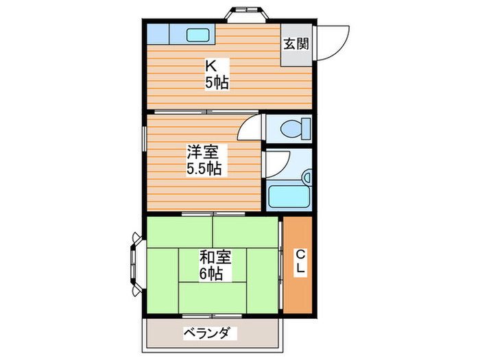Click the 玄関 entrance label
point(296,44)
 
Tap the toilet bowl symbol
point(293,128)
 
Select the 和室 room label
point(215,258)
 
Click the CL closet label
point(300,263)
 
